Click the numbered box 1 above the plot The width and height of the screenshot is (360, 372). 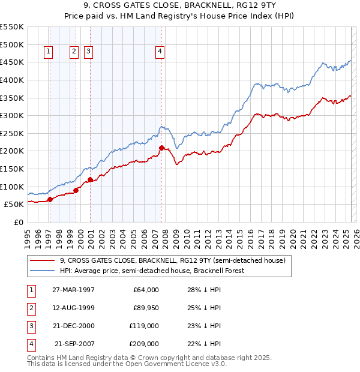click(48, 52)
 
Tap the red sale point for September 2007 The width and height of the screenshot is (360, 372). click(161, 148)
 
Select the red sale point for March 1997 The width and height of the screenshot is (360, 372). click(50, 199)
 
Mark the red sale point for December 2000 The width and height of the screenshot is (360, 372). click(90, 179)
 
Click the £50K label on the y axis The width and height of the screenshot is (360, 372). click(14, 204)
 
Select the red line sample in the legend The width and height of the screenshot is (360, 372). click(42, 261)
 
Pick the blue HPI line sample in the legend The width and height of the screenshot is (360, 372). click(42, 271)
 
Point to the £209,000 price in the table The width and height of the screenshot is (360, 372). click(144, 344)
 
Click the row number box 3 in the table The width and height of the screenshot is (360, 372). click(30, 326)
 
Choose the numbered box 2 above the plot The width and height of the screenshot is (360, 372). click(74, 52)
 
